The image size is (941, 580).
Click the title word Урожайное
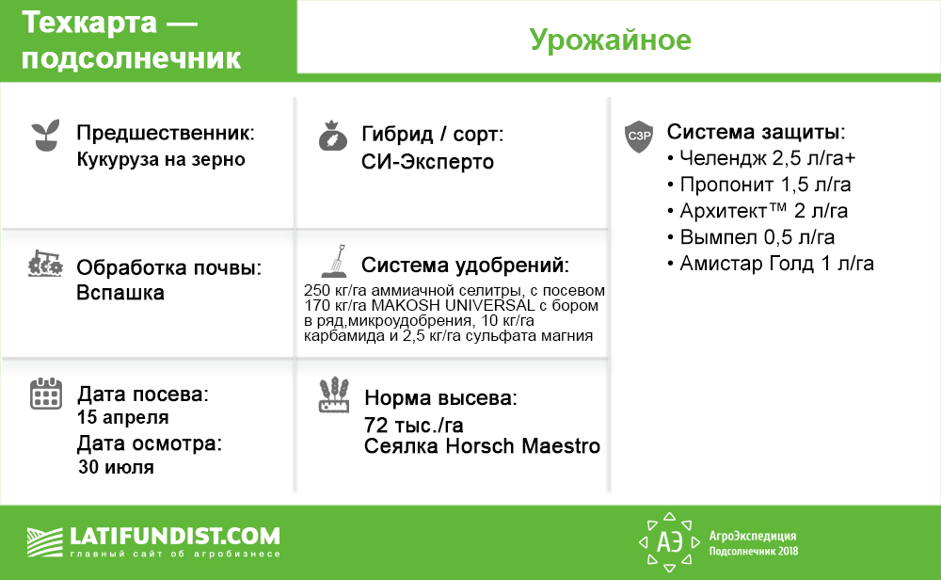click(611, 40)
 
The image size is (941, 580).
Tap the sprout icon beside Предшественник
click(45, 135)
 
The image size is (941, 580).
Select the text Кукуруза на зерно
click(161, 160)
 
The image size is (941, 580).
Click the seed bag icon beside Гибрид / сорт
click(332, 136)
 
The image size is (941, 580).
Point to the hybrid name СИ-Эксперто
click(427, 162)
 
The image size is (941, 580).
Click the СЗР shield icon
click(639, 137)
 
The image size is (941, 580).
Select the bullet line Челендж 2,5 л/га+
click(761, 158)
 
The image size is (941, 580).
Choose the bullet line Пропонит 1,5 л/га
click(758, 185)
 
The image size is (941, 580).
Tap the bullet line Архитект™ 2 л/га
click(758, 211)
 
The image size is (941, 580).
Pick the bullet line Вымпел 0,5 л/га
click(751, 237)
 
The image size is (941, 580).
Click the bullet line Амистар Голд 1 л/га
click(771, 264)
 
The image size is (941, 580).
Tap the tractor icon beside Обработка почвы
click(45, 264)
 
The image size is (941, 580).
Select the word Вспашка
click(120, 293)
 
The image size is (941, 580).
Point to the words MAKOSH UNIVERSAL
click(454, 306)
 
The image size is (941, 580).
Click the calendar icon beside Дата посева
click(45, 394)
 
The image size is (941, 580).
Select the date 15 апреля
click(122, 417)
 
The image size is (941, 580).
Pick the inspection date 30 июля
click(116, 466)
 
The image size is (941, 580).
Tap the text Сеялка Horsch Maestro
click(482, 446)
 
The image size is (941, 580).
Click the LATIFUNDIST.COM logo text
click(175, 536)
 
